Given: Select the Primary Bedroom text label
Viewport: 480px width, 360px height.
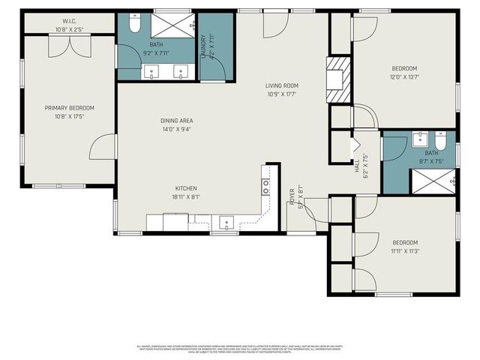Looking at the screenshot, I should [x=68, y=108].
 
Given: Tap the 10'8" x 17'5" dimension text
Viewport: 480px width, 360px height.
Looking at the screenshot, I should [x=68, y=116].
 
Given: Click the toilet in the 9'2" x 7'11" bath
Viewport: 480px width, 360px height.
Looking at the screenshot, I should [x=134, y=25].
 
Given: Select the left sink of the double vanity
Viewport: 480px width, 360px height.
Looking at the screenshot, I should [x=154, y=73].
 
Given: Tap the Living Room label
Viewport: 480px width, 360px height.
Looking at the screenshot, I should [x=281, y=85].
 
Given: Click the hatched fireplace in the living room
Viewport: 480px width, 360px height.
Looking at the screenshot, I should [x=340, y=79].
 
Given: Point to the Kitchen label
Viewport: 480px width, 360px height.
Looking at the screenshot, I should [x=187, y=188].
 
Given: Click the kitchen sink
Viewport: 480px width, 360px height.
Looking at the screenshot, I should [x=225, y=222].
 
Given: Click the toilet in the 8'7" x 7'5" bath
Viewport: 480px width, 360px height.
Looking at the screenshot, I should [x=441, y=140].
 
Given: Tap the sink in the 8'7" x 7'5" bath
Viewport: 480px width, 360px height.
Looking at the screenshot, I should [x=420, y=139].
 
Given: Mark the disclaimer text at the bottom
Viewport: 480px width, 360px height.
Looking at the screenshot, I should [x=239, y=349].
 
